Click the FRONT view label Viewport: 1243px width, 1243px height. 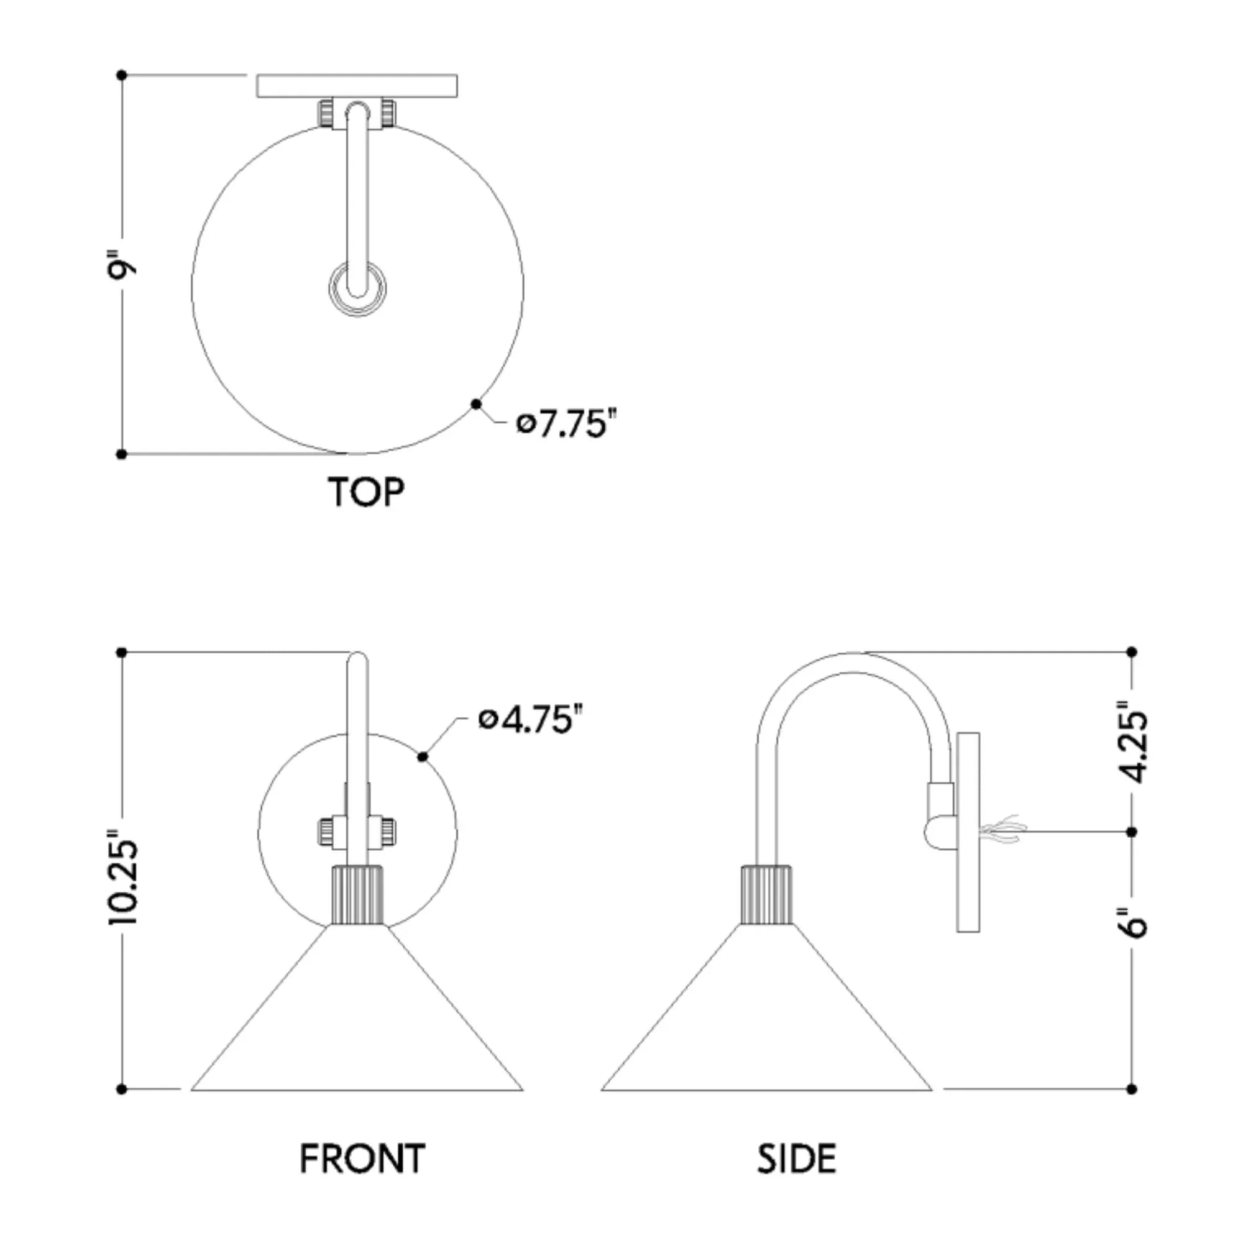coord(362,1158)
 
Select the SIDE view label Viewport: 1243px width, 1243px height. coord(796,1158)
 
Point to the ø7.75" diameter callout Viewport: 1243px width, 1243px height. coord(567,424)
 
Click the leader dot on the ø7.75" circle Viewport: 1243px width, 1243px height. coord(476,404)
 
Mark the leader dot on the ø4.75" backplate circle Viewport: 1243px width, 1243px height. coord(423,757)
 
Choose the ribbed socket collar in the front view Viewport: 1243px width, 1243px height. coord(358,895)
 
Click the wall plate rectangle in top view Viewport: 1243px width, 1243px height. coord(357,86)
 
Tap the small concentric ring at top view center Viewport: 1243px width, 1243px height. coord(358,289)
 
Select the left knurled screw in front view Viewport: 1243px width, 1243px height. coord(326,833)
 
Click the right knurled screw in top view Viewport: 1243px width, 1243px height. coord(388,114)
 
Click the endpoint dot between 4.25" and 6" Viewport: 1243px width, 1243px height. coord(1132,833)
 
